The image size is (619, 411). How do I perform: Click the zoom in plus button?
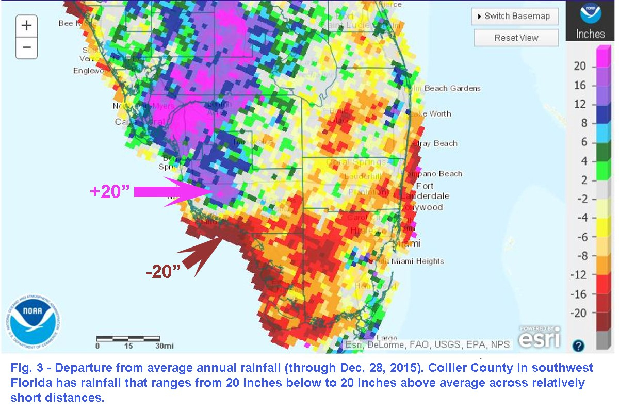click(x=27, y=25)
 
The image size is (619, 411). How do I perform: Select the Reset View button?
click(x=516, y=38)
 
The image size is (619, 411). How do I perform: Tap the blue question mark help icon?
click(x=578, y=346)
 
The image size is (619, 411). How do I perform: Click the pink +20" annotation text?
click(x=109, y=192)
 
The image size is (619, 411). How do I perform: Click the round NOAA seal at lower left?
click(x=34, y=320)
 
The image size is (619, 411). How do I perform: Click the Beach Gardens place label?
click(x=452, y=88)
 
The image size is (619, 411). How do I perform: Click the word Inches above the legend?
click(x=591, y=34)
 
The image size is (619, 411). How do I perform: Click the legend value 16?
click(x=580, y=85)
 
